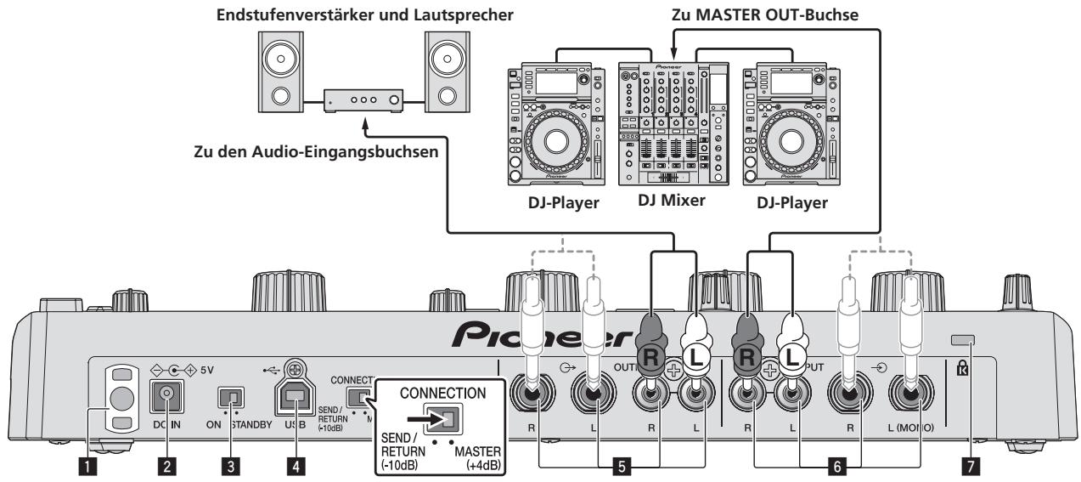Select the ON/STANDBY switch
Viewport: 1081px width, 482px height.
click(x=230, y=397)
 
